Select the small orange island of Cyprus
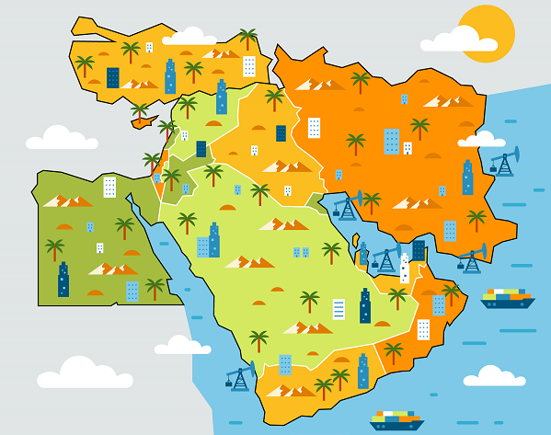click(x=143, y=120)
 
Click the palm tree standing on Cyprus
click(x=140, y=112)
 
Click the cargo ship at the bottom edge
click(x=396, y=420)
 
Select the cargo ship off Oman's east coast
click(x=507, y=298)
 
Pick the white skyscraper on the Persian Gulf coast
click(x=404, y=268)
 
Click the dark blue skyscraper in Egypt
click(x=63, y=280)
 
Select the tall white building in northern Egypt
click(x=109, y=188)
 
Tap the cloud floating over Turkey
click(x=189, y=37)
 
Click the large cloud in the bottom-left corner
click(x=84, y=373)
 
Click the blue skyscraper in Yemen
click(x=362, y=372)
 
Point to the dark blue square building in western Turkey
click(x=112, y=77)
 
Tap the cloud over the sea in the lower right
click(x=494, y=376)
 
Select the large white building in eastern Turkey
click(x=249, y=66)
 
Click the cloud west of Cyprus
click(x=61, y=138)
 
